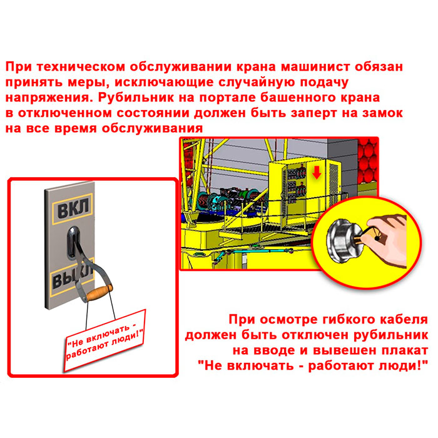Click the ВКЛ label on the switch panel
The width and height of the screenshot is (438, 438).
73,208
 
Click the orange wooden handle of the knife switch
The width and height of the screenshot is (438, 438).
99,292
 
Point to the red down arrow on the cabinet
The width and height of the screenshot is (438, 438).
317,173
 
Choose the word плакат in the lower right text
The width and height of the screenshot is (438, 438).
403,350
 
